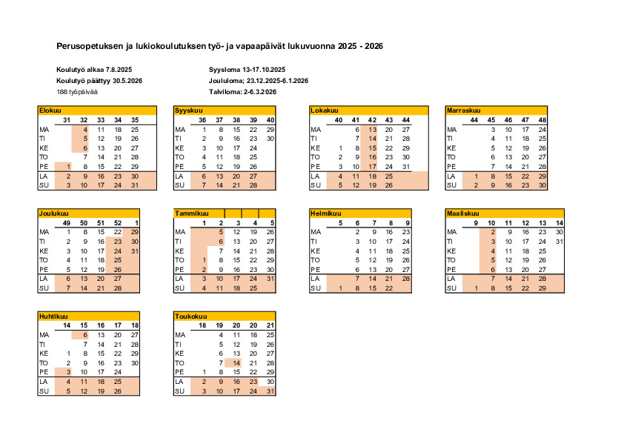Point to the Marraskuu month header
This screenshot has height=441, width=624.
(x=463, y=110)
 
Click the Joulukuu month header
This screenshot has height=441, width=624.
(x=50, y=213)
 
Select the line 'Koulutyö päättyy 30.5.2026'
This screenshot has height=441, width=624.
(x=99, y=81)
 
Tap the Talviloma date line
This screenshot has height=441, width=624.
(x=243, y=92)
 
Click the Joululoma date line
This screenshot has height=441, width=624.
(x=259, y=81)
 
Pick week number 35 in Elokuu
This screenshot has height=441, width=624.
(x=134, y=120)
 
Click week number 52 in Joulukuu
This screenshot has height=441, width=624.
(x=116, y=223)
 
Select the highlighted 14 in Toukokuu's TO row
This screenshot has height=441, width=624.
(x=236, y=363)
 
